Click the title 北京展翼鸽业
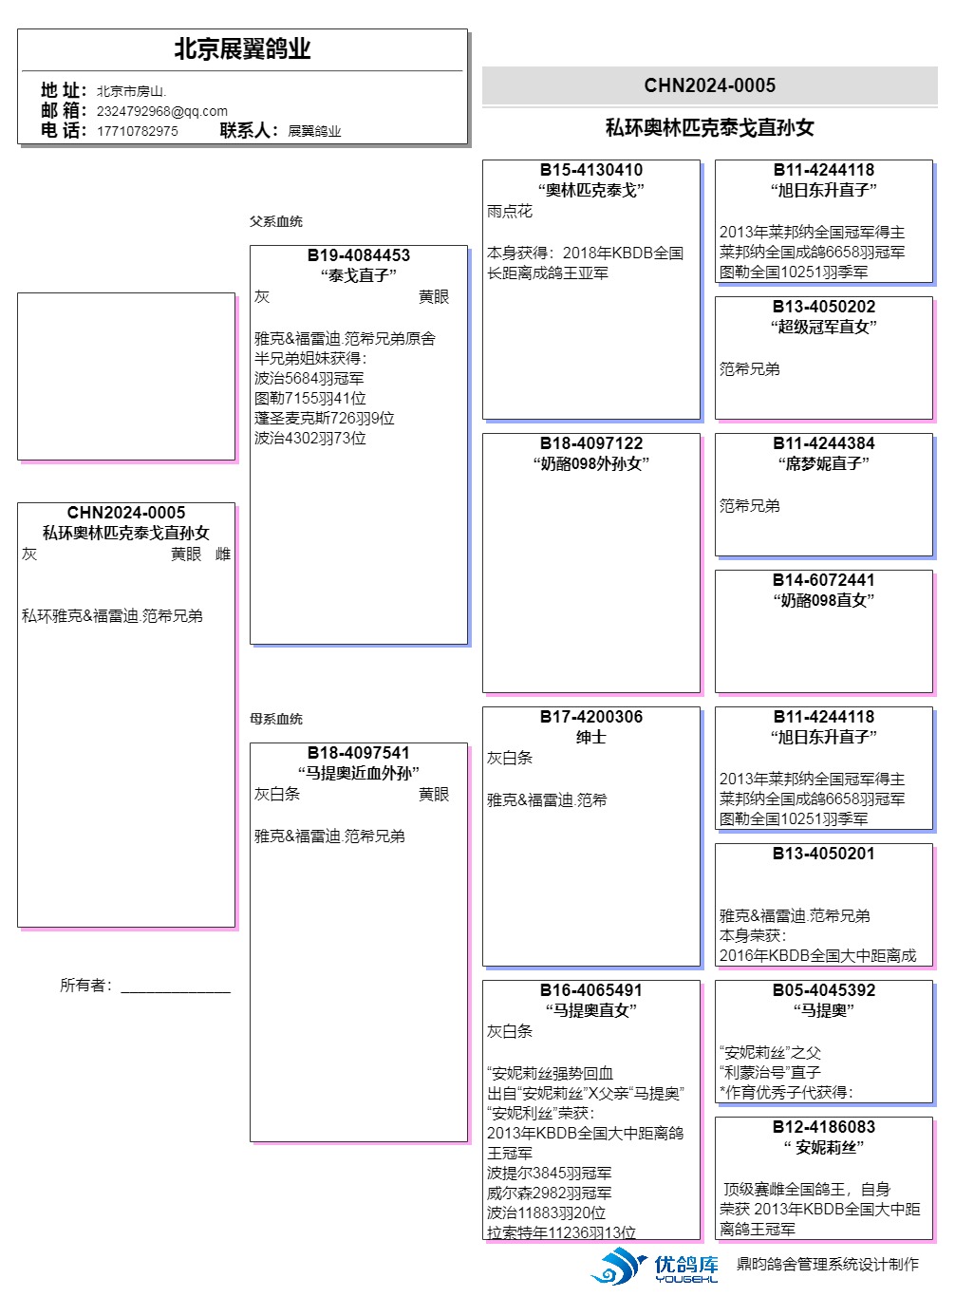click(x=242, y=48)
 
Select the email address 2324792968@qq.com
click(x=162, y=110)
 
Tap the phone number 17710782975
click(x=137, y=131)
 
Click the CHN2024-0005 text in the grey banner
click(x=709, y=85)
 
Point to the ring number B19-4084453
click(x=359, y=255)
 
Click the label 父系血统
click(x=276, y=221)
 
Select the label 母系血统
click(x=276, y=719)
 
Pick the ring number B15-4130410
click(x=591, y=170)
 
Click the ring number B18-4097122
click(x=591, y=443)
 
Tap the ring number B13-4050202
click(x=824, y=307)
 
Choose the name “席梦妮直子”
click(x=824, y=463)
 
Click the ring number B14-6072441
click(x=824, y=579)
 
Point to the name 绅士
click(x=591, y=737)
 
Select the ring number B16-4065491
click(x=591, y=989)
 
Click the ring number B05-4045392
click(x=824, y=989)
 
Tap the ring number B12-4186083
click(x=824, y=1126)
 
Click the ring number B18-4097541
click(x=359, y=753)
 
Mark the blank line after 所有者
click(x=176, y=992)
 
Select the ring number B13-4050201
click(x=824, y=853)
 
